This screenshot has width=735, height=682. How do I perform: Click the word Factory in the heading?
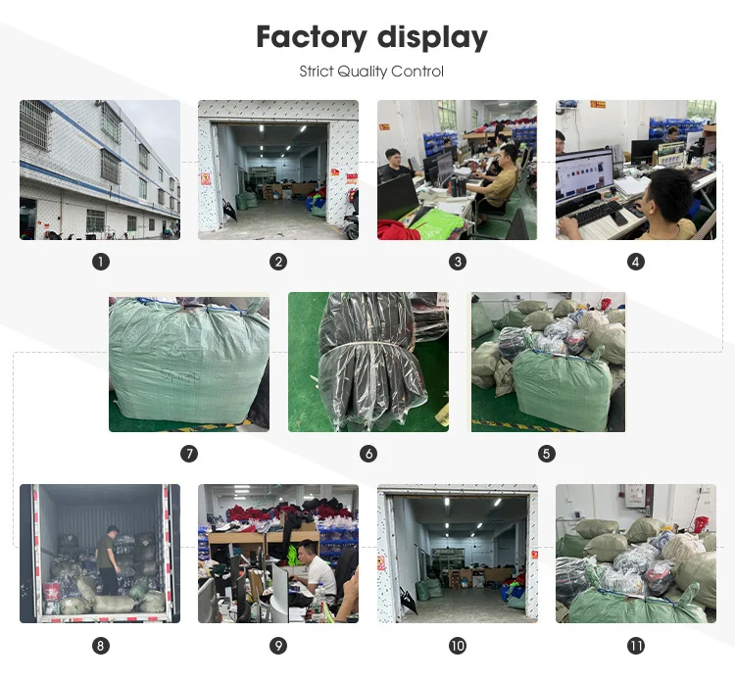point(309,37)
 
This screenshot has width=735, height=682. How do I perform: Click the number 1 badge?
point(100,262)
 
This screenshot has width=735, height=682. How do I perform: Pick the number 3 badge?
point(458,262)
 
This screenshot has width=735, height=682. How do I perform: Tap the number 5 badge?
point(547,454)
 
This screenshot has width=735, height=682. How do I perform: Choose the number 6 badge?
point(368,454)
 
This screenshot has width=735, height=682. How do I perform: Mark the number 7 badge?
point(189,454)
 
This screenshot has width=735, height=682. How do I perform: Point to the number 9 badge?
point(279,646)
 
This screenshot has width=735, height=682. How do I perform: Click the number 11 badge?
point(636,646)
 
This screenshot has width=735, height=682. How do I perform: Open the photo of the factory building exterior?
point(100,170)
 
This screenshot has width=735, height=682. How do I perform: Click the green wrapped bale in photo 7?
point(186,363)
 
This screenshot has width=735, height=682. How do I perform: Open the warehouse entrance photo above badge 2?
point(278,170)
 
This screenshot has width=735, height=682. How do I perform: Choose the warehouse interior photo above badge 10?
point(458,554)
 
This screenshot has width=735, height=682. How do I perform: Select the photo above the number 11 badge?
point(636,554)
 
